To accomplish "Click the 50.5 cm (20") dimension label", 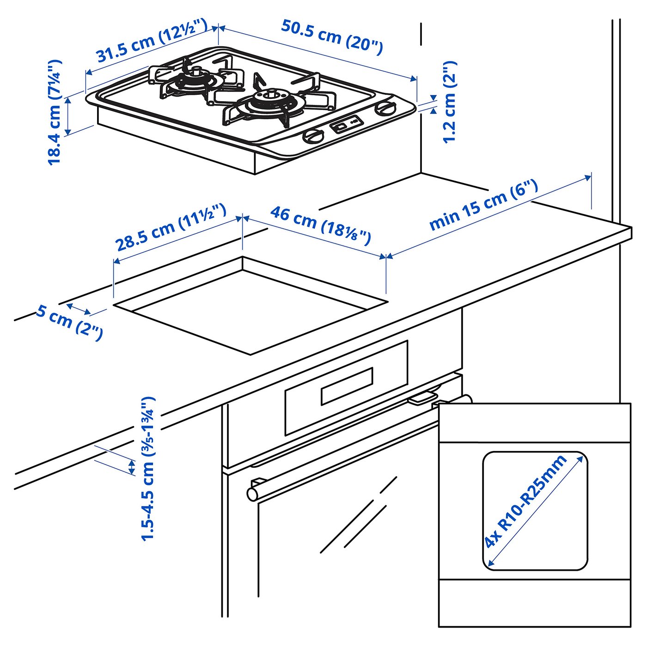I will [332, 37].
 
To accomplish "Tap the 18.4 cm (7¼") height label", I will [55, 112].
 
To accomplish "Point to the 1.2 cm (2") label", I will [449, 102].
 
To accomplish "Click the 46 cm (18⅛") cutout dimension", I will [320, 225].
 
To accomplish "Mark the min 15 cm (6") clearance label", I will [483, 205].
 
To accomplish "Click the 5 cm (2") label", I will [69, 322].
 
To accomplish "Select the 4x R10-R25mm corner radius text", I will [525, 501].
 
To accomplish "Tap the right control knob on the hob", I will [385, 109].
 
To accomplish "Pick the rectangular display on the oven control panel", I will [347, 386].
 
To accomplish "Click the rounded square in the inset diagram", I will [535, 511].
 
